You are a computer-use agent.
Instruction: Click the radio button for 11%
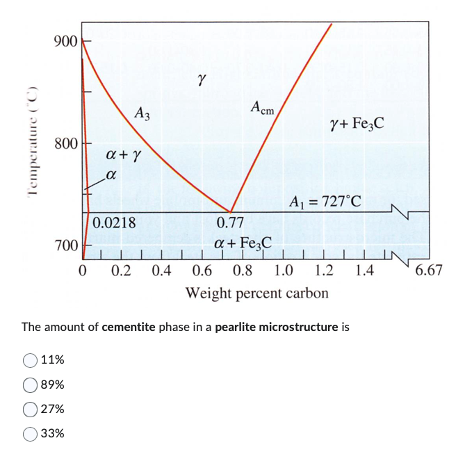coord(30,360)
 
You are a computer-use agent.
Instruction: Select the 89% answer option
coord(30,385)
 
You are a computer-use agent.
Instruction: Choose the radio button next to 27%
coord(30,409)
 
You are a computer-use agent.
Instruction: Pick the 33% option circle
coord(30,433)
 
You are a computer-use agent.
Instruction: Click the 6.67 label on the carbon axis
coord(428,270)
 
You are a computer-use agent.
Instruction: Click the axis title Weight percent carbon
coord(256,293)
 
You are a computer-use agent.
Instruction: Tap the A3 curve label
coord(142,113)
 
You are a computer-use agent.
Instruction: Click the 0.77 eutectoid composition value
coord(230,223)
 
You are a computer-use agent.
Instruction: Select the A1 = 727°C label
coord(325,202)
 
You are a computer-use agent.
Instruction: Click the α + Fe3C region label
coord(243,243)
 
